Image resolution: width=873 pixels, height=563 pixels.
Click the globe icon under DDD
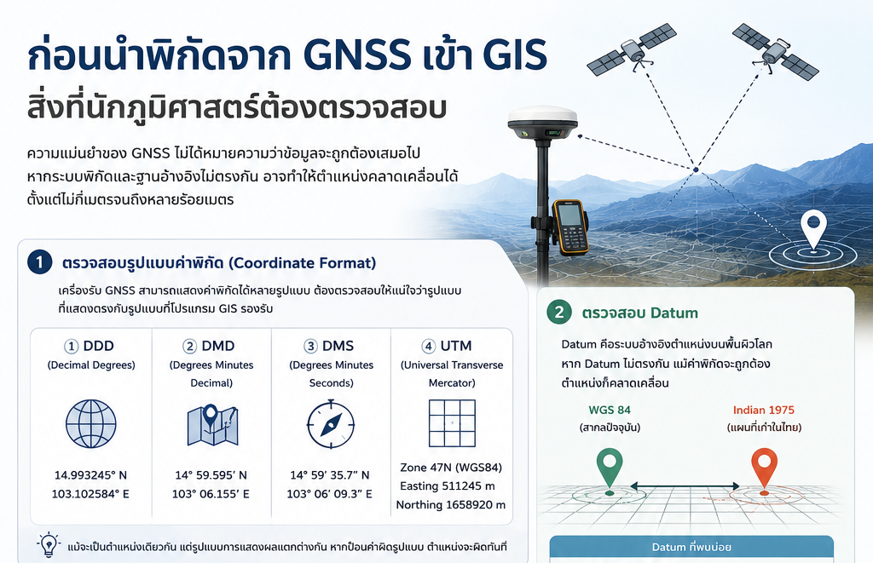[x=90, y=423]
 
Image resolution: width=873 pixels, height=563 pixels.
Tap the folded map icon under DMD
[x=212, y=425]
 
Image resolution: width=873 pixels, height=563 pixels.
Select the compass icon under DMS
[x=331, y=424]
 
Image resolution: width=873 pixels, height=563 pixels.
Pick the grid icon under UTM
[x=452, y=423]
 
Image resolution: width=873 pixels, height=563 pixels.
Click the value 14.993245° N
[x=90, y=475]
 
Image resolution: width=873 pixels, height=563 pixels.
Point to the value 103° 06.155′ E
[x=211, y=494]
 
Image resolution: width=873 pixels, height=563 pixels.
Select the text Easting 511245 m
[x=448, y=485]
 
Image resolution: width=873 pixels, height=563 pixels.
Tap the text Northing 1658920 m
[x=451, y=504]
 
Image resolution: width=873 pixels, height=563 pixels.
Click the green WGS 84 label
[x=610, y=410]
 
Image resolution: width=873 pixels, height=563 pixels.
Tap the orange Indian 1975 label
[x=764, y=410]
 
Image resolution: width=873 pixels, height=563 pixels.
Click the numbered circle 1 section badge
[x=40, y=262]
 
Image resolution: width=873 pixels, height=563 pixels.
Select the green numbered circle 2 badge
[x=559, y=312]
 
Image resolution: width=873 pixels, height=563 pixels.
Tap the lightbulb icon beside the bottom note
[x=49, y=544]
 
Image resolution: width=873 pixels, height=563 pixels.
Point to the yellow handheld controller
[x=570, y=227]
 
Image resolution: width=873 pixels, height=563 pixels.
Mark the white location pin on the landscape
[x=813, y=228]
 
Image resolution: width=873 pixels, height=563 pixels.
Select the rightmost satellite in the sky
[x=775, y=51]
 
